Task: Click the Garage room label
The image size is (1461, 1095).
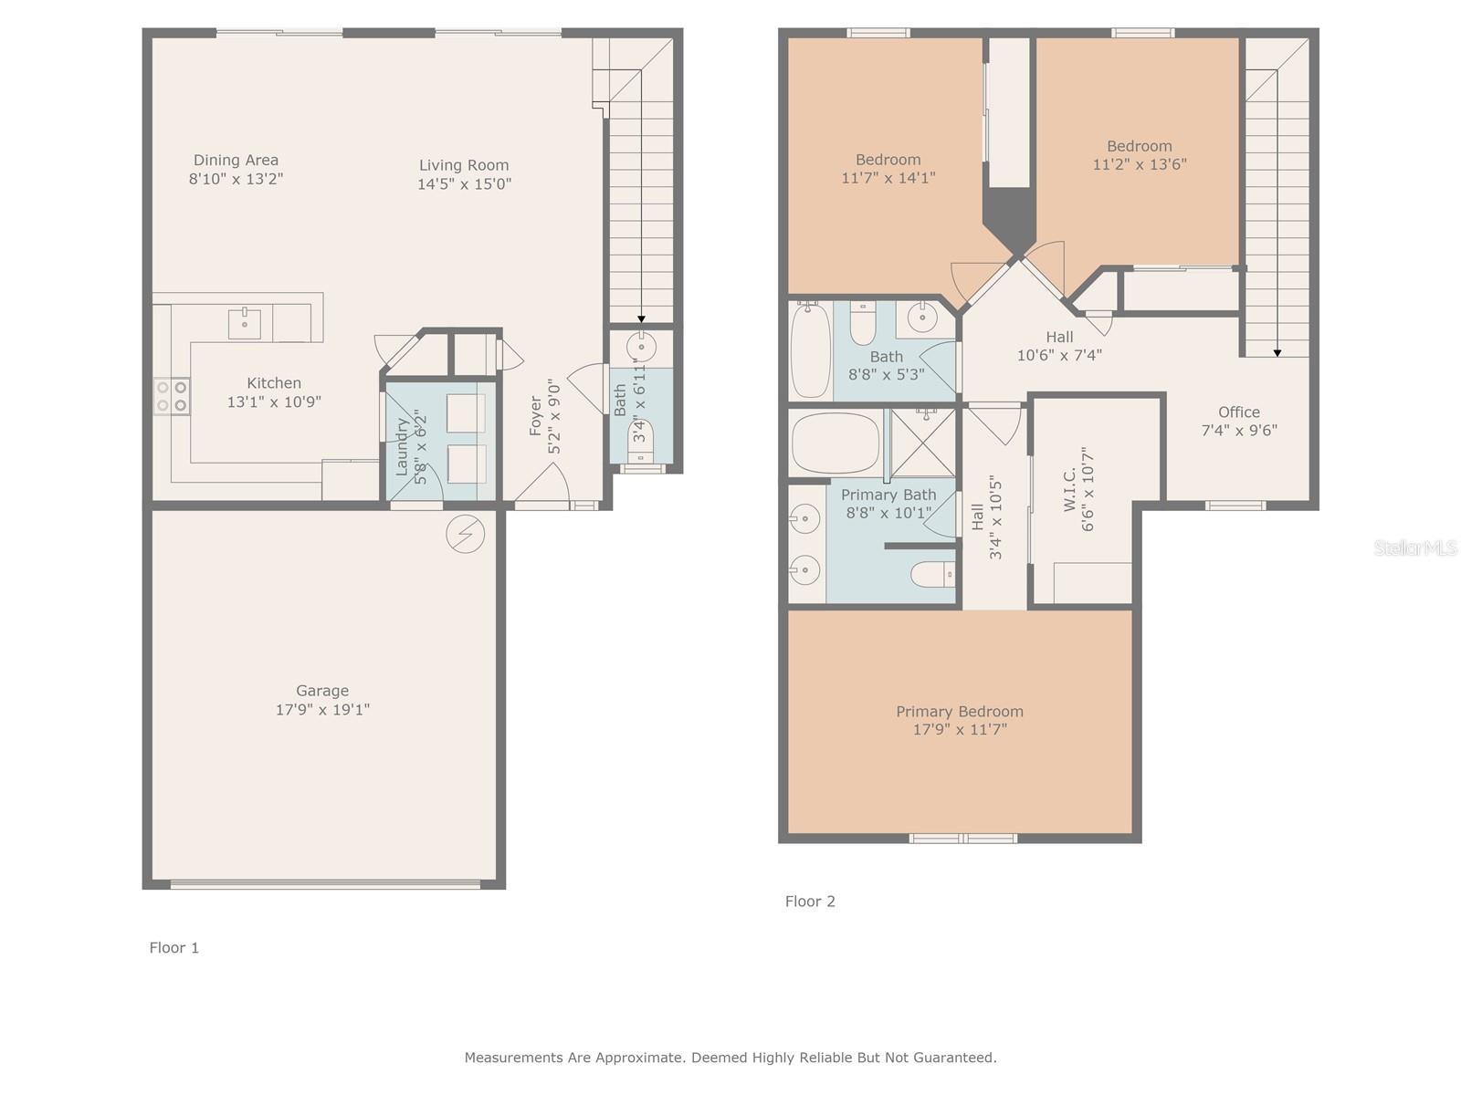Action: coord(322,691)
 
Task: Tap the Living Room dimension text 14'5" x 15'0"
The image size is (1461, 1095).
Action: coord(464,183)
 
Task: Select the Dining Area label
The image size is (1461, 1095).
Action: coord(236,161)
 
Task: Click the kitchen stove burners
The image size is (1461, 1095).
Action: coord(172,396)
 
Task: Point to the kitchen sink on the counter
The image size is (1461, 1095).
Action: coord(245,323)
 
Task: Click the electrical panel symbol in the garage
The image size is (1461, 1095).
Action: coord(466,534)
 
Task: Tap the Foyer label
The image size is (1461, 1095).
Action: coord(535,416)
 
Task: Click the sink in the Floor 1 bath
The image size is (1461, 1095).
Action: coord(642,347)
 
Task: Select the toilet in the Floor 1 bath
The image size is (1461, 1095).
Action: coord(641,441)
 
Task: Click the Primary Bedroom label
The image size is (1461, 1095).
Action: coord(959,712)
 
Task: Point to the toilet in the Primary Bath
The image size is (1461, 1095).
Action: coord(932,575)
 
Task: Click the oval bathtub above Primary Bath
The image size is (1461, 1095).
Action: coord(836,443)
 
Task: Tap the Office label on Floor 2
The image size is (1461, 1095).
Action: coord(1239,412)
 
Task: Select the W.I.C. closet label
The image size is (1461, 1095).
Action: coord(1069,489)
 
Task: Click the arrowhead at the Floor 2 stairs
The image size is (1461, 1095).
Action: coord(1277,354)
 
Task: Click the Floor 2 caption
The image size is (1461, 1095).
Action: coord(809,902)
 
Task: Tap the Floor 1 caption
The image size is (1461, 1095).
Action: coord(173,948)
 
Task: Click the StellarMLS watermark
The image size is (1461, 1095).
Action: coord(1415,547)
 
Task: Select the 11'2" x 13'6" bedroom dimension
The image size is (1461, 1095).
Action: coord(1140,164)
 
